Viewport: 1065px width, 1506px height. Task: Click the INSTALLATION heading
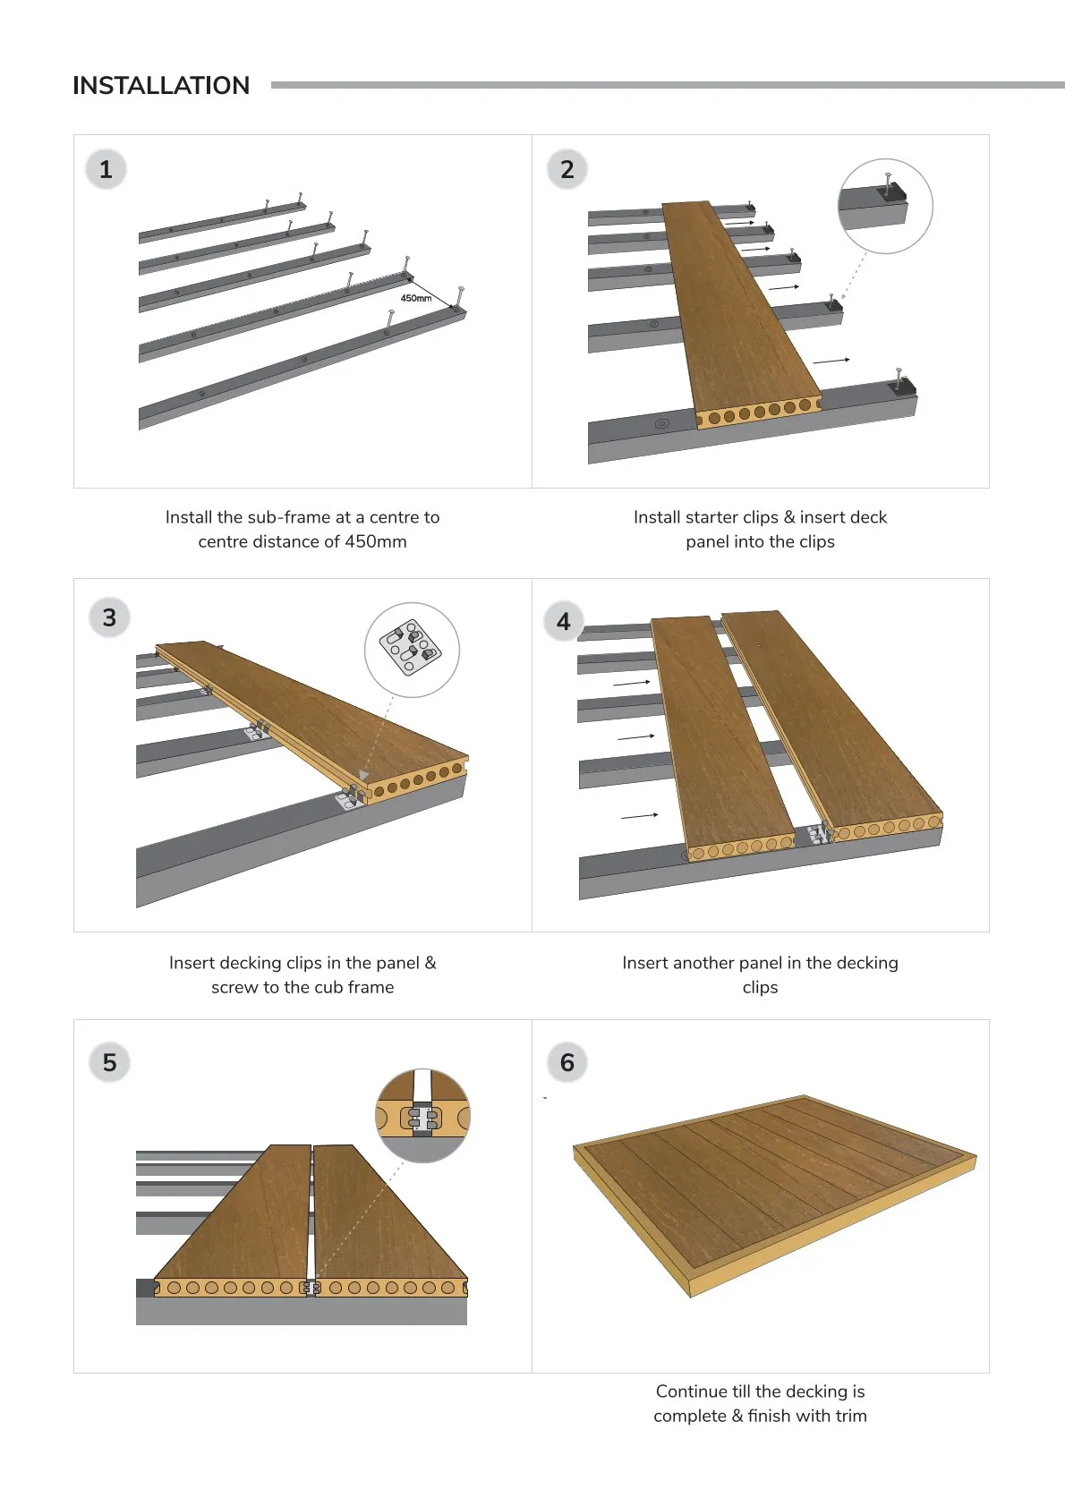[x=161, y=86]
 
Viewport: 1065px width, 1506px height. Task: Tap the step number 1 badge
[x=106, y=169]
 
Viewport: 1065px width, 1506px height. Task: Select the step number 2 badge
[x=567, y=169]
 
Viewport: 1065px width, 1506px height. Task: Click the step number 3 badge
[x=109, y=617]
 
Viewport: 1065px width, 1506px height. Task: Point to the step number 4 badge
[x=564, y=621]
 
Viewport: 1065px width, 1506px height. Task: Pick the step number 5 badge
[x=109, y=1062]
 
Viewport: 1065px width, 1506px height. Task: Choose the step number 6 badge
[x=567, y=1062]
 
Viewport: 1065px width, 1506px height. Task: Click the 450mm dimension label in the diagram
[x=416, y=298]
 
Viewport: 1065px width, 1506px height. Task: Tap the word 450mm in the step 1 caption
[x=376, y=542]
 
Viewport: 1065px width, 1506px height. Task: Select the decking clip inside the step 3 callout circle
[x=410, y=647]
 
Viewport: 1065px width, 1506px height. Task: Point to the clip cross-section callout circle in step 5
[x=422, y=1116]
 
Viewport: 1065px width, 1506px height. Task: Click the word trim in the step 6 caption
[x=851, y=1416]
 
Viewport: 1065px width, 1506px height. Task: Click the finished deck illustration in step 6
[x=774, y=1195]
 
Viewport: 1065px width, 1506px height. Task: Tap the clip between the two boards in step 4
[x=818, y=834]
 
